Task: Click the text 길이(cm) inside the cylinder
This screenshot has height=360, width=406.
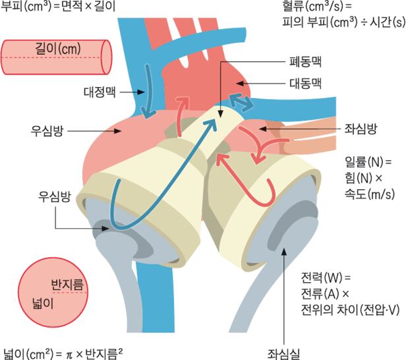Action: click(57, 49)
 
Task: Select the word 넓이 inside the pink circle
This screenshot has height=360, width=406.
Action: click(38, 305)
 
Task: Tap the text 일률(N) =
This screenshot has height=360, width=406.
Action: click(368, 161)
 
